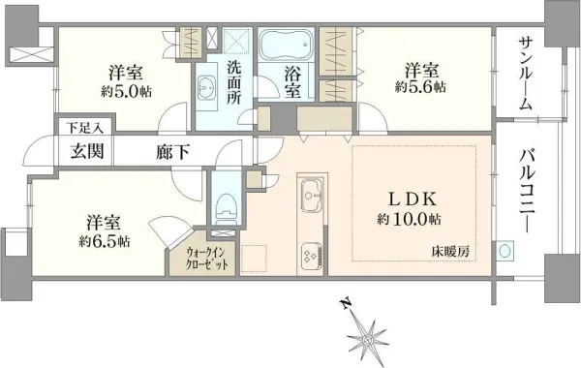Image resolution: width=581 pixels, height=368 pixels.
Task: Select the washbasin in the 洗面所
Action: (x=206, y=89)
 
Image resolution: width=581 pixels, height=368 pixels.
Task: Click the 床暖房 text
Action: (x=450, y=253)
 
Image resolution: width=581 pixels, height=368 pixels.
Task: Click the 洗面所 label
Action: (x=235, y=81)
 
